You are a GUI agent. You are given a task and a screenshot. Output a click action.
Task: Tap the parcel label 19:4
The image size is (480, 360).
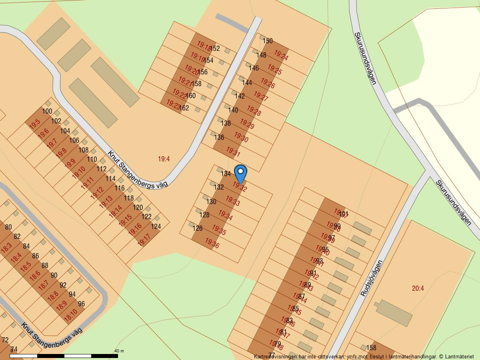(164, 159)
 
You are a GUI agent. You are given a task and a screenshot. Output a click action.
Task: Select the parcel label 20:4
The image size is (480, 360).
(418, 288)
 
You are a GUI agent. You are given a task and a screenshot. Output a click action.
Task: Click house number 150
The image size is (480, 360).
(268, 41)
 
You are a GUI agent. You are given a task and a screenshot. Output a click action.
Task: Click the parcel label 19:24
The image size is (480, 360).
(281, 56)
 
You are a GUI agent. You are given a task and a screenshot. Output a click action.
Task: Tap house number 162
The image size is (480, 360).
(184, 108)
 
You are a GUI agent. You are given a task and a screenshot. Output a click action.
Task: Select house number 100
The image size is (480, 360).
(47, 111)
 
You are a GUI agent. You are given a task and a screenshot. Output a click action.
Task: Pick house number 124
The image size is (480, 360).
(156, 226)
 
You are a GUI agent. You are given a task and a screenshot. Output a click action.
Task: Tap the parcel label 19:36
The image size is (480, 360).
(212, 243)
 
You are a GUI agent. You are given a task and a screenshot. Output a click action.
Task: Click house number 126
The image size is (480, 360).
(198, 228)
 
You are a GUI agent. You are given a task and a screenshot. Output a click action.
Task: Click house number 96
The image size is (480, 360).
(82, 304)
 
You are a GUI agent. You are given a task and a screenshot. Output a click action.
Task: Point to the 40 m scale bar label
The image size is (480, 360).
(119, 351)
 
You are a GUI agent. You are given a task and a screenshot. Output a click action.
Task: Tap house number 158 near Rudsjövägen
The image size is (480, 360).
(371, 348)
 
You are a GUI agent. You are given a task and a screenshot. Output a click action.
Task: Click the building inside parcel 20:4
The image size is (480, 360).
(394, 313)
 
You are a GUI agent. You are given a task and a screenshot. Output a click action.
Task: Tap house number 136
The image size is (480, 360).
(219, 137)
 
